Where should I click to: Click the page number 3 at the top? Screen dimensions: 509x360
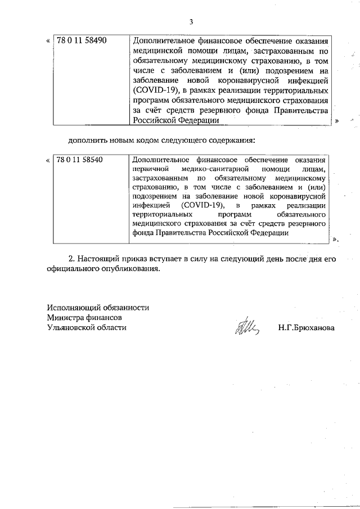tap(191, 22)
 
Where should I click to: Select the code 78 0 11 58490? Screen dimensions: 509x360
tap(82, 41)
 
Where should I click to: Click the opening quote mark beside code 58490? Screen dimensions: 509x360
tap(47, 42)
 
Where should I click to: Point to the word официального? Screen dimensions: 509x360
tap(75, 269)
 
